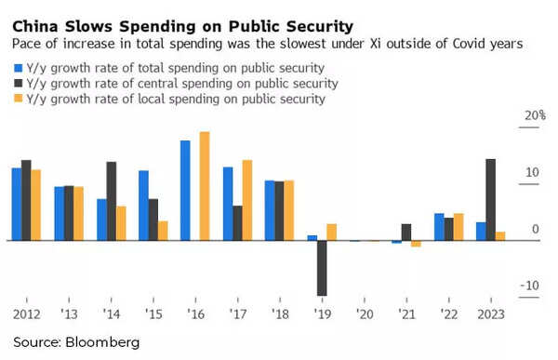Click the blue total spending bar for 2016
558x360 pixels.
(x=185, y=190)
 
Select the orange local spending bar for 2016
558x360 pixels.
(x=205, y=185)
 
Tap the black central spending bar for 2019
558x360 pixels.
(x=322, y=268)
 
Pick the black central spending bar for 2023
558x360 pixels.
(x=490, y=199)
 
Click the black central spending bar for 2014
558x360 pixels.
(x=111, y=201)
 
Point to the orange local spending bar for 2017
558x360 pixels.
(x=247, y=200)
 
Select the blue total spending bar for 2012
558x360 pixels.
(x=17, y=204)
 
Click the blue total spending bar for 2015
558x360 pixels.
(x=143, y=205)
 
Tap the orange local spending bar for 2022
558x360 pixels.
(x=458, y=227)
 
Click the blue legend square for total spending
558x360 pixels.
(x=18, y=68)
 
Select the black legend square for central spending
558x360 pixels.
(x=18, y=84)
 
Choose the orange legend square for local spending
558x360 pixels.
(x=18, y=100)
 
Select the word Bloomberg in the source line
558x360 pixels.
(x=101, y=342)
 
